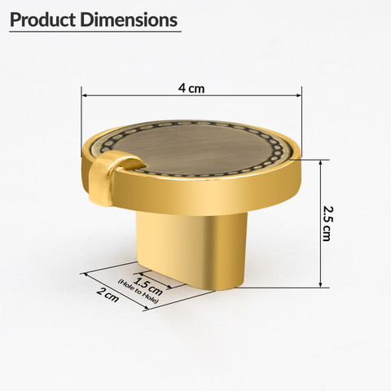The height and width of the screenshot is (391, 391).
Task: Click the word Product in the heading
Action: click(x=42, y=20)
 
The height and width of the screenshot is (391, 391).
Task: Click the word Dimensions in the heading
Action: click(x=129, y=20)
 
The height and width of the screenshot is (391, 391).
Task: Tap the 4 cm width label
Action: click(x=191, y=89)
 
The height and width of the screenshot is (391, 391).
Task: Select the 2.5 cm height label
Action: click(x=327, y=224)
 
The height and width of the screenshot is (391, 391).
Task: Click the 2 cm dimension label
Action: click(x=108, y=295)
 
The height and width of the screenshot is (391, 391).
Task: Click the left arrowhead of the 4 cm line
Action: click(x=84, y=95)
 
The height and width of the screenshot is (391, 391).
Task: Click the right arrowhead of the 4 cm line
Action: click(x=299, y=95)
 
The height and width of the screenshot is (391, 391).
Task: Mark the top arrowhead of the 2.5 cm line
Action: click(x=321, y=163)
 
